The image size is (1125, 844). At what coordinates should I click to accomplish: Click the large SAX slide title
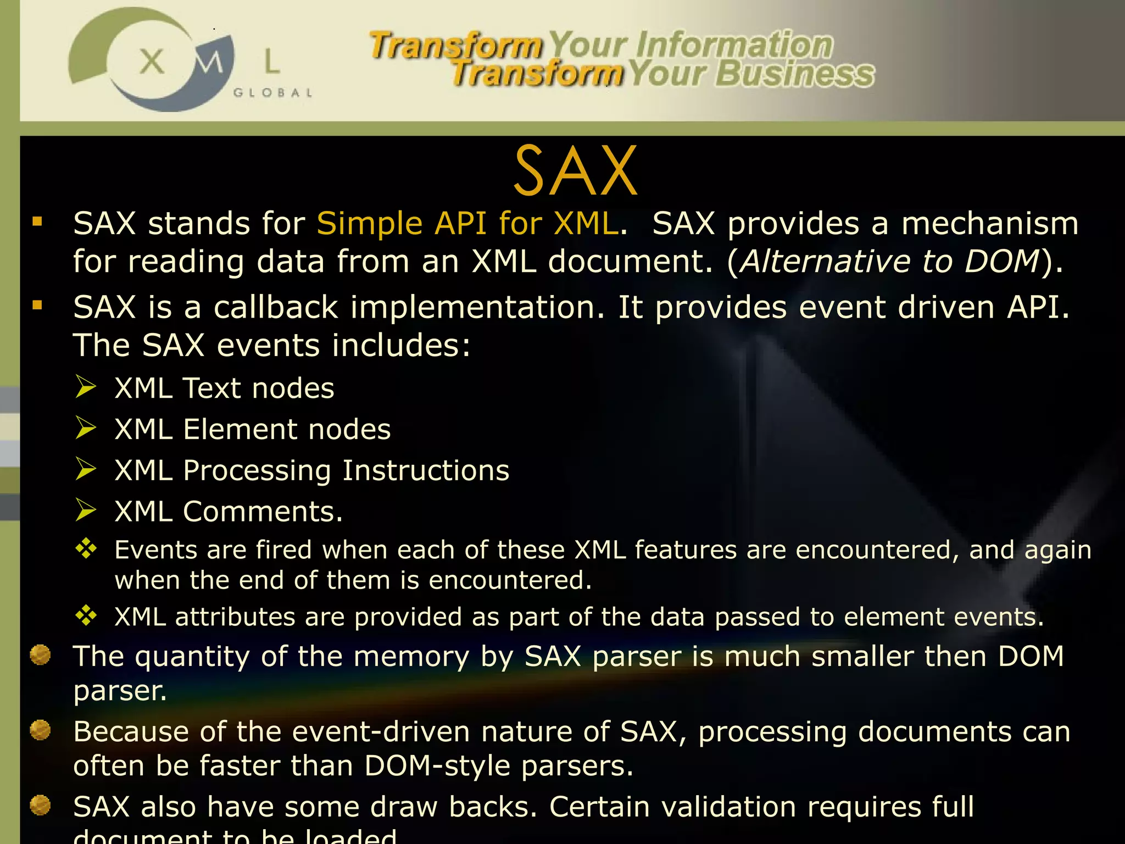(575, 171)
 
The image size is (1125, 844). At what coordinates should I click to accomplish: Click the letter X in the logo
(152, 62)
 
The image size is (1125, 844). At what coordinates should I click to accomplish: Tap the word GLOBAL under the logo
(272, 93)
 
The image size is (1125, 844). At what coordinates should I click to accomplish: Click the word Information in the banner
(734, 45)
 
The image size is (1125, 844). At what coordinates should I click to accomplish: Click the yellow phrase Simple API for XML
(467, 224)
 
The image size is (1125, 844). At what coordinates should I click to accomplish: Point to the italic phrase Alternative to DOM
(889, 261)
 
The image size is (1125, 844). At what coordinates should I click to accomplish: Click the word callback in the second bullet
(275, 307)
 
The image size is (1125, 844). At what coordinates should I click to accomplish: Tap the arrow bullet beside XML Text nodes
(86, 387)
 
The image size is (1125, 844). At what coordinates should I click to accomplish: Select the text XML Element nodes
(252, 429)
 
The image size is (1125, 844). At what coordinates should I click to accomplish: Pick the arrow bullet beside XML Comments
(86, 510)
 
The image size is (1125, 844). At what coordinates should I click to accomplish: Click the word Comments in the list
(262, 512)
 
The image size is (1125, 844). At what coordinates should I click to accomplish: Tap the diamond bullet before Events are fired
(86, 548)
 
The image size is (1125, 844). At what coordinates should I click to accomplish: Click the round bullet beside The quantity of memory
(40, 655)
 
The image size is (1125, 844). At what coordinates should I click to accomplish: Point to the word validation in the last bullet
(728, 807)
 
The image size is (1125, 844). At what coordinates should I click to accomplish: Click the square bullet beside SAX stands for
(37, 222)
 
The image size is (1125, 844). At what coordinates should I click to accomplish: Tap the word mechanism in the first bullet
(989, 224)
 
